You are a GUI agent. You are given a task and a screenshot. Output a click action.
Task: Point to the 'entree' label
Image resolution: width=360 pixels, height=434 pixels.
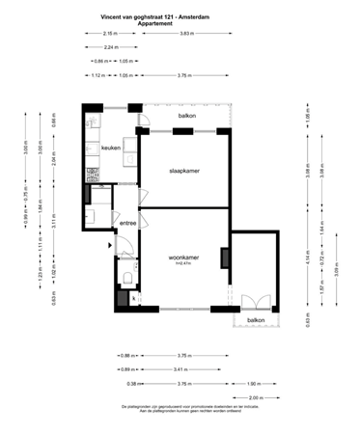pyautogui.click(x=127, y=223)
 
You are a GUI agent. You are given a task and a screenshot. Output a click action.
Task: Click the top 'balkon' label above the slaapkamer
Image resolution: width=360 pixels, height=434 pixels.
pyautogui.click(x=187, y=117)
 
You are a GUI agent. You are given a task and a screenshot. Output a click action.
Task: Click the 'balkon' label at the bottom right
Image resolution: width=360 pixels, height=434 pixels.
pyautogui.click(x=256, y=319)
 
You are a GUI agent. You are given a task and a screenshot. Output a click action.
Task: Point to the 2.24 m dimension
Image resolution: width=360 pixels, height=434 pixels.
pyautogui.click(x=110, y=46)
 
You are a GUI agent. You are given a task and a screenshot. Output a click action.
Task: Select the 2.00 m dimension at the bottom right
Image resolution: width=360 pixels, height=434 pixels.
pyautogui.click(x=255, y=397)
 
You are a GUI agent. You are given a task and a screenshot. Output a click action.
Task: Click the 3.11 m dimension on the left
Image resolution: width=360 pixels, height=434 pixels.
pyautogui.click(x=42, y=224)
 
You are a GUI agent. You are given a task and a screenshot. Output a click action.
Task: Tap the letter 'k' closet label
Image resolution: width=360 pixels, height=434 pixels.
pyautogui.click(x=133, y=297)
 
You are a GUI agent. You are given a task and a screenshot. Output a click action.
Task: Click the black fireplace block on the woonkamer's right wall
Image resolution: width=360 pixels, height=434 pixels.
pyautogui.click(x=224, y=257)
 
